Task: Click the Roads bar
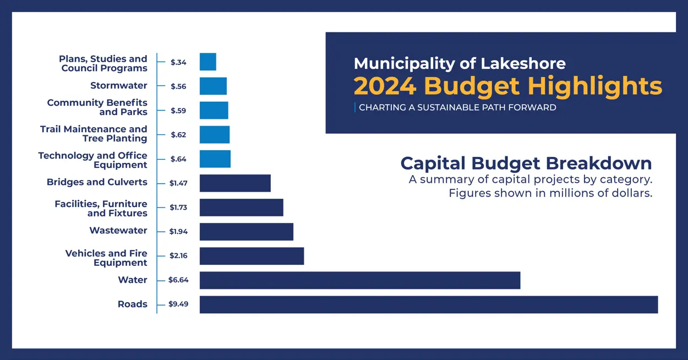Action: pos(428,304)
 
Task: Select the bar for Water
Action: pos(359,280)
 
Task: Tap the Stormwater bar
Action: pos(213,86)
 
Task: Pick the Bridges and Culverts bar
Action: pos(235,183)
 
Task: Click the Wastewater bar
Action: pos(246,232)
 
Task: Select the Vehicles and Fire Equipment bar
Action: pos(252,256)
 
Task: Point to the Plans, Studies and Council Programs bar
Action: pos(208,62)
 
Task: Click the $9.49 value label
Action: pos(178,304)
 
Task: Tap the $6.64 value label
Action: pos(178,280)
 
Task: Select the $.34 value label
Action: pos(178,62)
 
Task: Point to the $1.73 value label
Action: pos(178,208)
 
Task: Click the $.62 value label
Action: pos(178,135)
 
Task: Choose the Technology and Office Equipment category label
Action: pos(92,160)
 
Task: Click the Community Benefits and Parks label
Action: pos(97,107)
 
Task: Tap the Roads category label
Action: pos(132,304)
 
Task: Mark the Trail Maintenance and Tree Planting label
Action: pos(94,134)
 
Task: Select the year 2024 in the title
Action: pos(385,86)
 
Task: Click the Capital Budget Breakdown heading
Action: pos(526,163)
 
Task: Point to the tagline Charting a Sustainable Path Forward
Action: pos(457,108)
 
